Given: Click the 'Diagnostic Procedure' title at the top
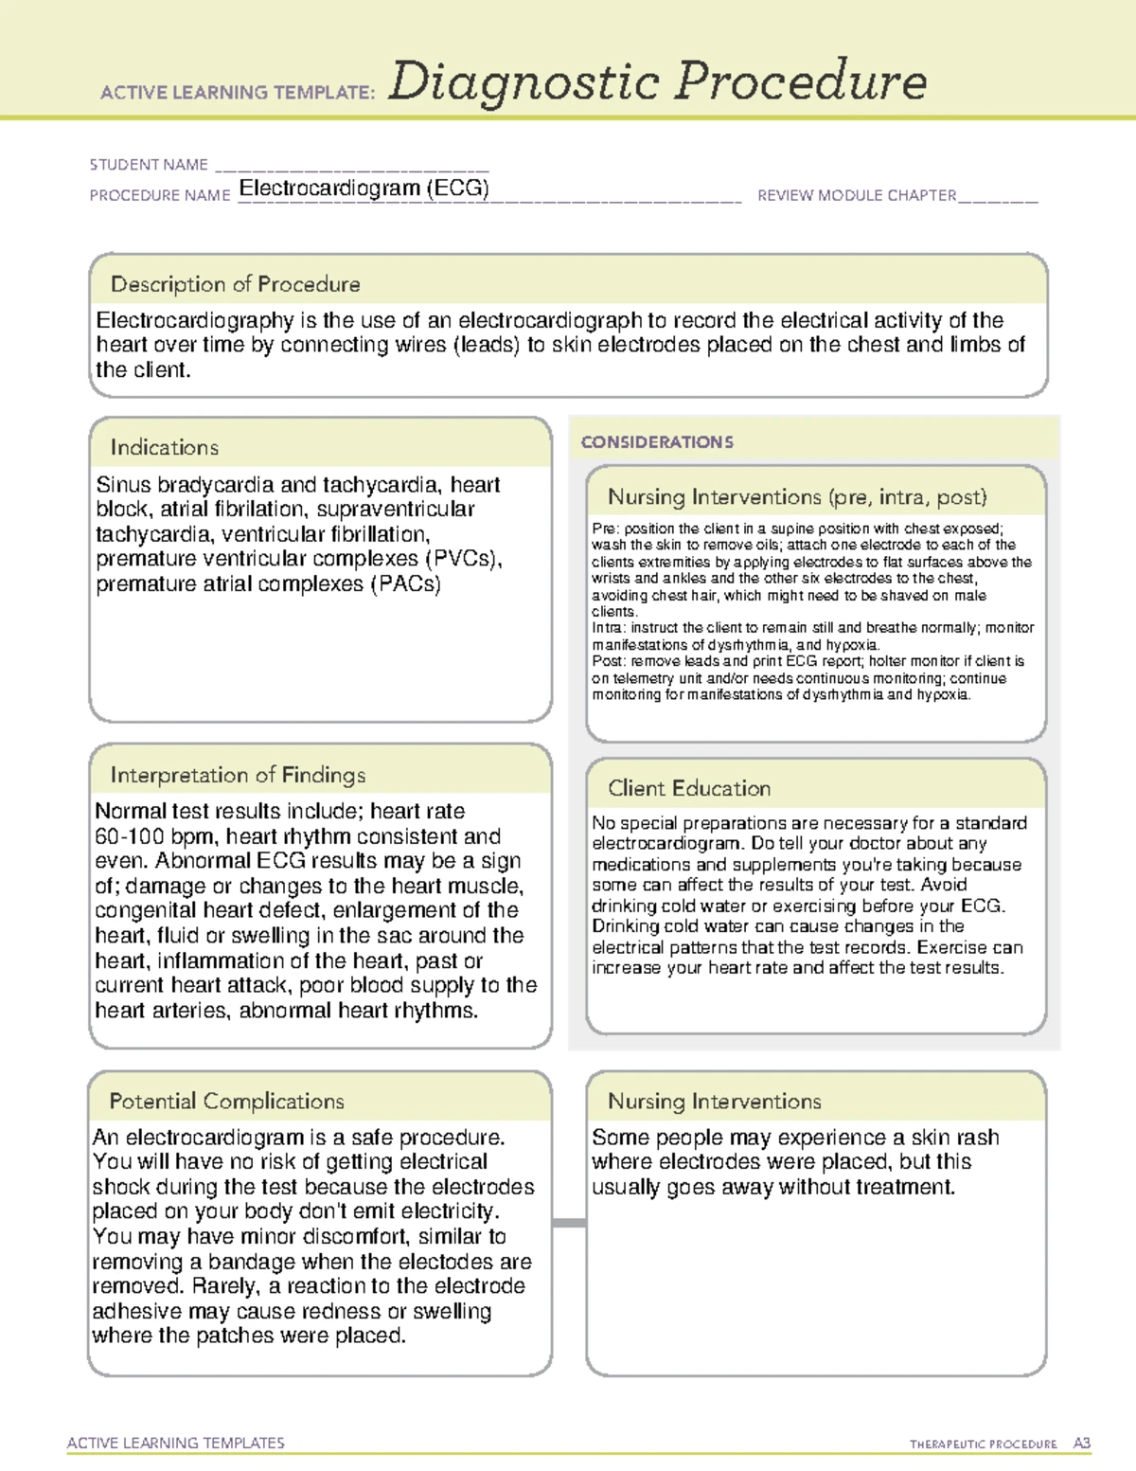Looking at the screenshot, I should click(657, 81).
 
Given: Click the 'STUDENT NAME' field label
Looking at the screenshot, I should click(149, 165).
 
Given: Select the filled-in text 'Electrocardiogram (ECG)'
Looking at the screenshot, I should click(364, 188).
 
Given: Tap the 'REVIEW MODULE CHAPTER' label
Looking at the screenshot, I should click(857, 196).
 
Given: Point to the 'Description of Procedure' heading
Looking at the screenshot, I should click(236, 284).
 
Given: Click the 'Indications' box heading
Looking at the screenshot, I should click(165, 447).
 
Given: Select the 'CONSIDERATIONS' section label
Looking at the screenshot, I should click(657, 442).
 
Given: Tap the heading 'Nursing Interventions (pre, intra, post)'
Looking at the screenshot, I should click(797, 497).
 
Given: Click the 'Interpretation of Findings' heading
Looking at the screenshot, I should click(238, 775).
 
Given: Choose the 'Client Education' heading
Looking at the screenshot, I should click(689, 788).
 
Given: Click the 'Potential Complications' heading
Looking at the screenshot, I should click(227, 1102).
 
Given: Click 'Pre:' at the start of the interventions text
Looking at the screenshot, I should click(605, 529).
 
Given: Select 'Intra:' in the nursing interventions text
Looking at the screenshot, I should click(608, 628).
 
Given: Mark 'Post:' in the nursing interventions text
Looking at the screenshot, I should click(609, 661).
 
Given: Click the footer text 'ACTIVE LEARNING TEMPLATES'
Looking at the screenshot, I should click(176, 1443).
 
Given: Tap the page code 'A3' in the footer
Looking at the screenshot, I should click(1082, 1444).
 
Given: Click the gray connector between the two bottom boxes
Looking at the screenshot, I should click(569, 1223).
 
